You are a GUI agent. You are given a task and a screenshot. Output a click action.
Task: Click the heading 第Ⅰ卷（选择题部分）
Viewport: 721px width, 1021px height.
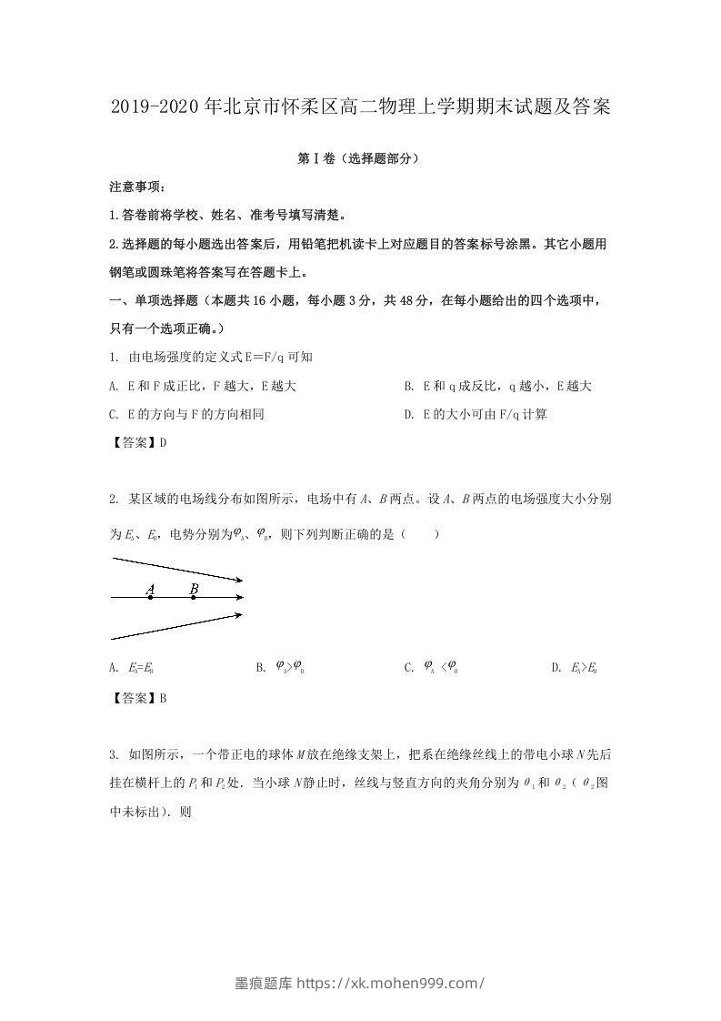(x=360, y=158)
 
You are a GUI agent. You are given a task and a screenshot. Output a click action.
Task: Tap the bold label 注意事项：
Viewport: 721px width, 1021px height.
(x=136, y=187)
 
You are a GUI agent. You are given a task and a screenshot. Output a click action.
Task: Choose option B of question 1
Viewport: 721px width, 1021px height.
(x=498, y=386)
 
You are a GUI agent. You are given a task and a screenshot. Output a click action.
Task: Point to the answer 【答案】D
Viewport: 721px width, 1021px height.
(x=137, y=442)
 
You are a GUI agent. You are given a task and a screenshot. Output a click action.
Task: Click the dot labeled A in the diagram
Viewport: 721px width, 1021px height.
(x=150, y=597)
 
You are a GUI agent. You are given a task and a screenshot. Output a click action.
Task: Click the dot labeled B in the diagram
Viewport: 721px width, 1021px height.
(x=194, y=597)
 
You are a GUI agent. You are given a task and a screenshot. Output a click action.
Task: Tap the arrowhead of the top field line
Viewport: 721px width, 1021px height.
(x=239, y=580)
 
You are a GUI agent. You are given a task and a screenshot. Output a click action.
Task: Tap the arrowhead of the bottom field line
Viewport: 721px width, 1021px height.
(x=239, y=615)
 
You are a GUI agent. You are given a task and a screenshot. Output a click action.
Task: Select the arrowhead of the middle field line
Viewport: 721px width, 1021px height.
(x=239, y=597)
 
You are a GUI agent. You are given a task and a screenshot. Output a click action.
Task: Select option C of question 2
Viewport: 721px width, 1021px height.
(x=431, y=668)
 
